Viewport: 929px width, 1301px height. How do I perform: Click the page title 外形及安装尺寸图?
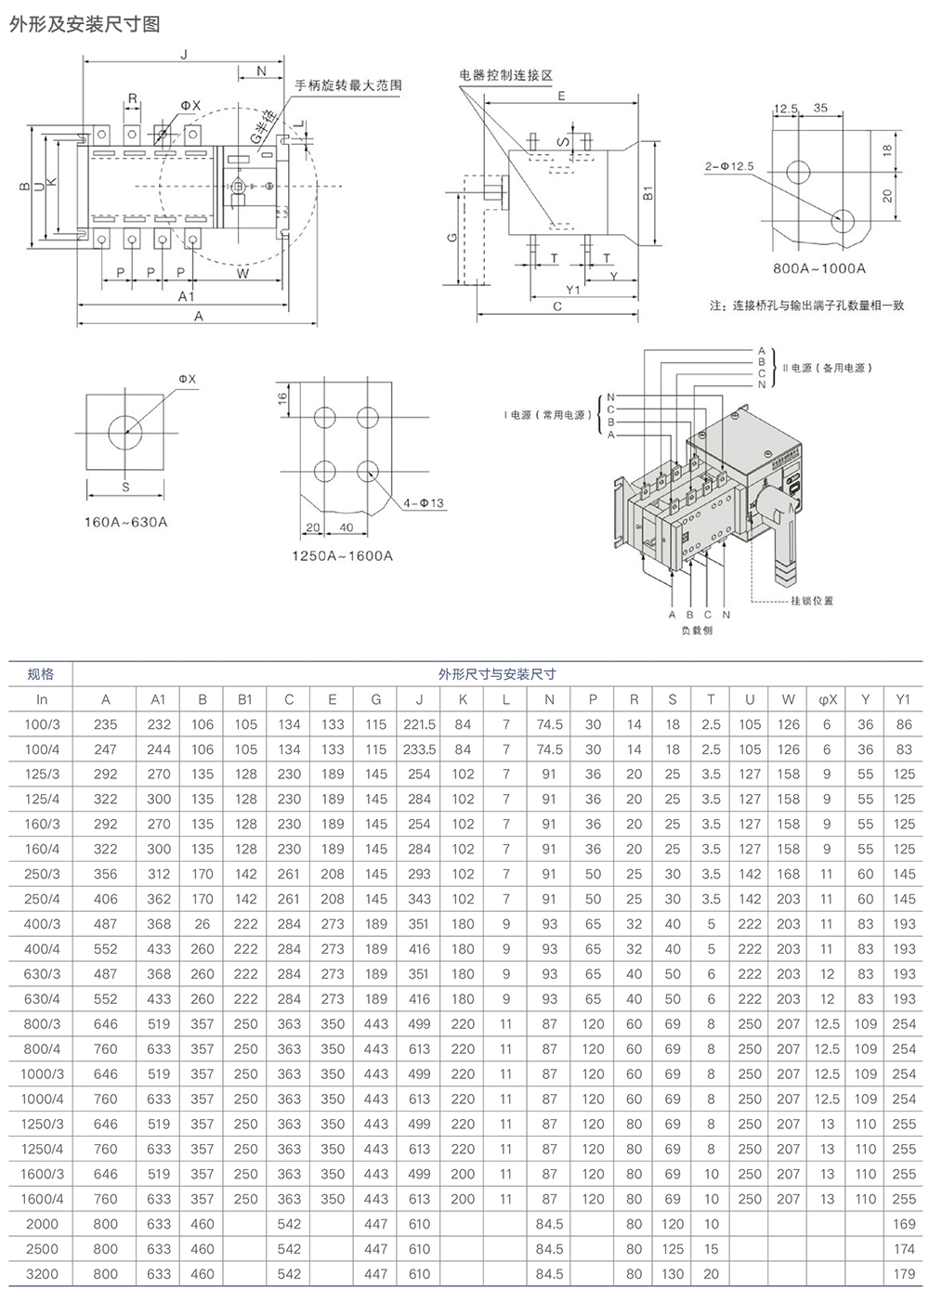[85, 24]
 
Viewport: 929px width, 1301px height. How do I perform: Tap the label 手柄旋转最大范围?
[348, 85]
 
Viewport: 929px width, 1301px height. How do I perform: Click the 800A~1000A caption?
[819, 268]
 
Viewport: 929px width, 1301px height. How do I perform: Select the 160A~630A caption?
[126, 522]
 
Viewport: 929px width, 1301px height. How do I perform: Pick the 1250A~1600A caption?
[343, 555]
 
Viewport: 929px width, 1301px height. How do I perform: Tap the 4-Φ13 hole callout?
[424, 503]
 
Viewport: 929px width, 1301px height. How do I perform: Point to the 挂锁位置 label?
[812, 601]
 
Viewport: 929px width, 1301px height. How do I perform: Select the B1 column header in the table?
[245, 699]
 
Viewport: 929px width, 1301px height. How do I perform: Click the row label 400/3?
[42, 924]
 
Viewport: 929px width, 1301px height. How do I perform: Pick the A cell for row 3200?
[106, 1274]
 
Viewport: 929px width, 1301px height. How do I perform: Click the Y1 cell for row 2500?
[904, 1249]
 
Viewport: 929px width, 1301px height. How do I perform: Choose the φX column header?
[827, 699]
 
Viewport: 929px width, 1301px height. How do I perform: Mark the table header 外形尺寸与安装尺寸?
[497, 674]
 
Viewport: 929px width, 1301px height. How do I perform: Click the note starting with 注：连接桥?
[806, 305]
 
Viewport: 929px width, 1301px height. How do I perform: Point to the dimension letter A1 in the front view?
[186, 296]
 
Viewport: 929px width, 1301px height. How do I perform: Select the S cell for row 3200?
[673, 1274]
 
